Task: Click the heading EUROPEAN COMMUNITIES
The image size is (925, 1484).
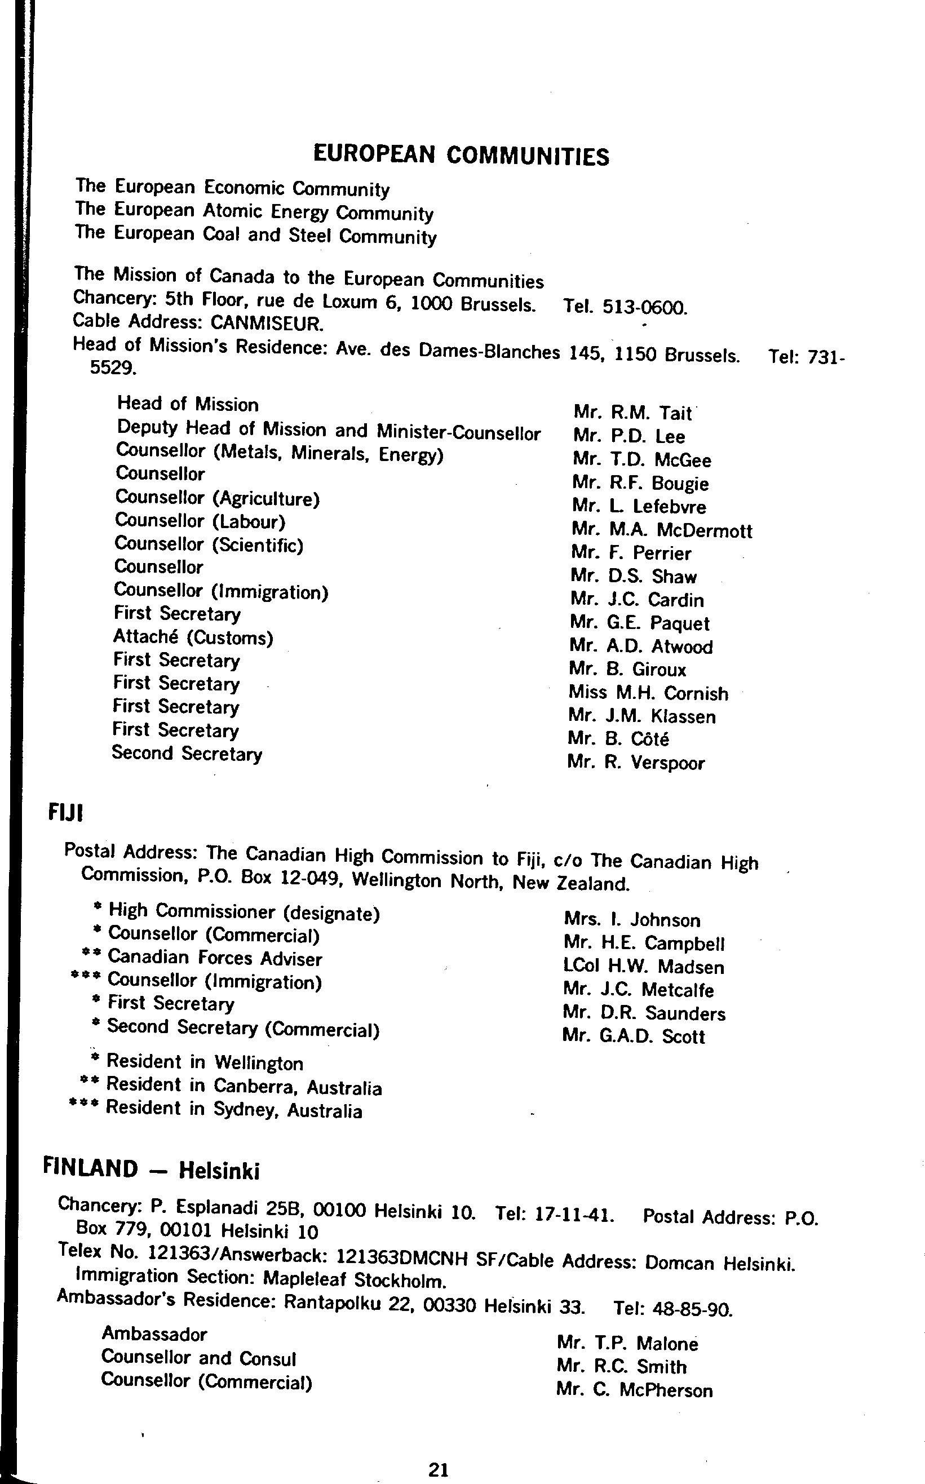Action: point(461,156)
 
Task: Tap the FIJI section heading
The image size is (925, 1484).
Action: point(65,813)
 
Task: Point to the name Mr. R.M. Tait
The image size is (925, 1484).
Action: point(632,414)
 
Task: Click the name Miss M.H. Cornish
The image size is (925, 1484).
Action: point(648,693)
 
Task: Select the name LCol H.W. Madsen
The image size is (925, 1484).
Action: point(644,967)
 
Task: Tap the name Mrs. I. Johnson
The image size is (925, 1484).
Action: point(632,920)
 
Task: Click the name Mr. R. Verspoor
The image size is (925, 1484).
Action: point(636,763)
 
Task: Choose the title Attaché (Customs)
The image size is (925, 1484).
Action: point(193,637)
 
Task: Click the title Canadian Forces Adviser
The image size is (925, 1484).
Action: point(214,959)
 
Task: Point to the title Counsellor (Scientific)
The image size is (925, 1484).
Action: point(209,544)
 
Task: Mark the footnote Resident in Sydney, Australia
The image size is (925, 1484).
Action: point(234,1110)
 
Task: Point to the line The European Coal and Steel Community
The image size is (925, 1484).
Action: point(256,235)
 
